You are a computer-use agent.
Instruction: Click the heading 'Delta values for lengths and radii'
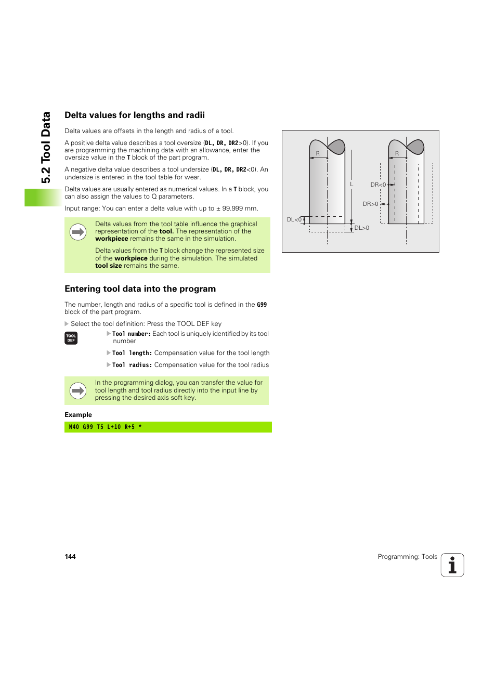tap(135, 115)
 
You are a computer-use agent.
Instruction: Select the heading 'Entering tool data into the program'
tap(140, 289)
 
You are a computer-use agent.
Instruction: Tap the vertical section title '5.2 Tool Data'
tap(46, 148)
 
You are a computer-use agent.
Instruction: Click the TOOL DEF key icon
tap(71, 338)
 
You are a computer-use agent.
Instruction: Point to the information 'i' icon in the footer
tap(452, 565)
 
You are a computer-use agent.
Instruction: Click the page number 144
tap(70, 557)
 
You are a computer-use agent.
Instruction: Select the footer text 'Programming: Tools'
tap(407, 557)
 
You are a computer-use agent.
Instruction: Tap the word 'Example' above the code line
tap(78, 415)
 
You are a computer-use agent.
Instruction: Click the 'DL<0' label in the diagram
tap(294, 220)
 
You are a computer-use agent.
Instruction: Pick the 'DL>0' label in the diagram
tap(362, 228)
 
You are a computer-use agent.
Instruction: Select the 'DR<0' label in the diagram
tap(378, 185)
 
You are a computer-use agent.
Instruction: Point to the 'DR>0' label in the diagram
tap(370, 204)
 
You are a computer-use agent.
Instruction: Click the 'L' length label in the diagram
tap(351, 185)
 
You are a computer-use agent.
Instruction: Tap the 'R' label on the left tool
tap(318, 154)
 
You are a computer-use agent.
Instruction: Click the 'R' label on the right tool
tap(397, 154)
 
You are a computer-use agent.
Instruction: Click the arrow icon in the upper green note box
tap(78, 232)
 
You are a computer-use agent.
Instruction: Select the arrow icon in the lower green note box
tap(78, 390)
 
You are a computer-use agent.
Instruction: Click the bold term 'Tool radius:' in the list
tap(132, 365)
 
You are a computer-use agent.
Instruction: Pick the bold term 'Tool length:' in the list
tap(132, 354)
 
